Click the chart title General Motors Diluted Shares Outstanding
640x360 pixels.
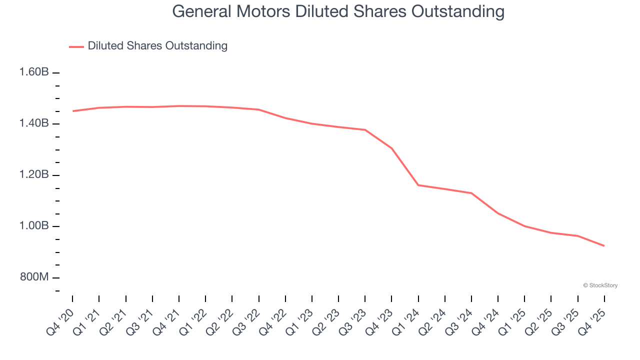338,11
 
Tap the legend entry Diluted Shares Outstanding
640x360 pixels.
157,46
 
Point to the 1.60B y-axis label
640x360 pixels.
34,72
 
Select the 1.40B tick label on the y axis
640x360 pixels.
34,123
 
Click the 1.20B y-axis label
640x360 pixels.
34,175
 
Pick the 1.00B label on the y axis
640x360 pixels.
34,226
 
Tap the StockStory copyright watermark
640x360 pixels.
600,285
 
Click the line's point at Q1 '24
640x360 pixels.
418,185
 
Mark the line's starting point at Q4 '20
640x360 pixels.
73,111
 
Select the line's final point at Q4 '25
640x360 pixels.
604,245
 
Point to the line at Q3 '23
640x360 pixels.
365,130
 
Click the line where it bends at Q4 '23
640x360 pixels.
392,148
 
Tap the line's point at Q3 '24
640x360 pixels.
471,193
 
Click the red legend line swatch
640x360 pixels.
76,46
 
